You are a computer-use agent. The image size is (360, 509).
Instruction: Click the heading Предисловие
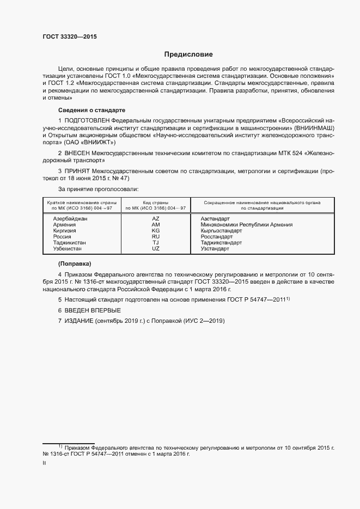(189, 54)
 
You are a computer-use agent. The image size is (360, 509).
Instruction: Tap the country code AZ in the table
(156, 218)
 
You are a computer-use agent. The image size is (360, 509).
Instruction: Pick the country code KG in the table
(156, 230)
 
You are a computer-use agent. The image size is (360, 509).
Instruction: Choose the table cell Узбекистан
(68, 248)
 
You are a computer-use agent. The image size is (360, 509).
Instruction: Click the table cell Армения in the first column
(64, 224)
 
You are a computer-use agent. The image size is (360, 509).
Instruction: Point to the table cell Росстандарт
(217, 236)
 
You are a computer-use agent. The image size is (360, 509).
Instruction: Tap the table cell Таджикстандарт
(221, 242)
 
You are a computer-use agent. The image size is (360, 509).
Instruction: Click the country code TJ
(156, 242)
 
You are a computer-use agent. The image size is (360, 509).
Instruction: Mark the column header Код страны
(156, 203)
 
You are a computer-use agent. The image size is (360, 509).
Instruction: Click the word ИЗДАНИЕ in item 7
(79, 321)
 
